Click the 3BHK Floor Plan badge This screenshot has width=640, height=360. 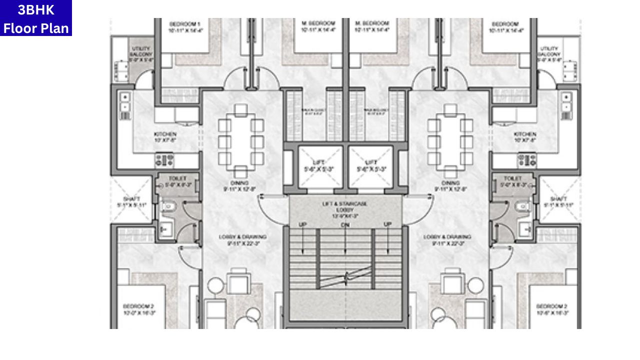click(36, 18)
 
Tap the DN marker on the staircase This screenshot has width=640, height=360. click(345, 225)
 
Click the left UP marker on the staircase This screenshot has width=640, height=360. click(302, 225)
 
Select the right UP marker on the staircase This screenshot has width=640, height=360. click(387, 225)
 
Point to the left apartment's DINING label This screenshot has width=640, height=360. click(240, 186)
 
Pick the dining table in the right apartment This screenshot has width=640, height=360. click(450, 140)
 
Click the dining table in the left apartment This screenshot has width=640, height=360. click(240, 140)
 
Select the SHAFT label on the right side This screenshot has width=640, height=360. click(558, 202)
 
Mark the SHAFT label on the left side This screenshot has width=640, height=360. click(131, 202)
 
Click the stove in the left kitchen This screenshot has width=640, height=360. click(164, 160)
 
